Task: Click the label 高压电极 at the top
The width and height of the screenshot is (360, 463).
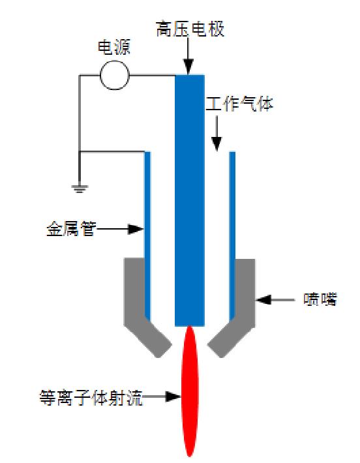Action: pos(190,29)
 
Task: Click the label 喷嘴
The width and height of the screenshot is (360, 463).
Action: pos(321,300)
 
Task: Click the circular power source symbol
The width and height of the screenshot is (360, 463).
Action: pos(114,76)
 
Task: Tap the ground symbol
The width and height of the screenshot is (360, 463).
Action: pos(79,188)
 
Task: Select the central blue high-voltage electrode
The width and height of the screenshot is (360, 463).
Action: pos(190,196)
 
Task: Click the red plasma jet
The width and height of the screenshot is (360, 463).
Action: pos(190,391)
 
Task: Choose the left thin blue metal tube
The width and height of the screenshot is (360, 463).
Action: pos(147,235)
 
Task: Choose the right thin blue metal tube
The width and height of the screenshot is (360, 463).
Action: pos(232,235)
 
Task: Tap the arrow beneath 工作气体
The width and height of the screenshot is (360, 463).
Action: pos(217,134)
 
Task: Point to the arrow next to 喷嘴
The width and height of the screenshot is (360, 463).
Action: pos(274,300)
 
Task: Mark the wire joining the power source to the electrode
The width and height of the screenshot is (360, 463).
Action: pos(153,76)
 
